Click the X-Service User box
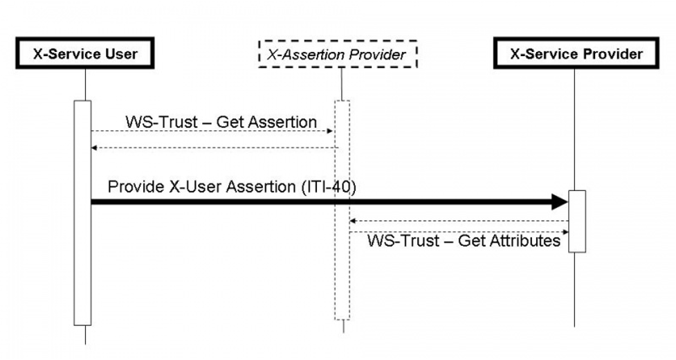click(85, 53)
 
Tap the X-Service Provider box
click(576, 53)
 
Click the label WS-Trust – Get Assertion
click(221, 122)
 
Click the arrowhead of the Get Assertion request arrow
click(331, 131)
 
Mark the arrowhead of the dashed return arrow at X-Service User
click(95, 147)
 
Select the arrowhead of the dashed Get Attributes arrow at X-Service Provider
click(565, 232)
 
